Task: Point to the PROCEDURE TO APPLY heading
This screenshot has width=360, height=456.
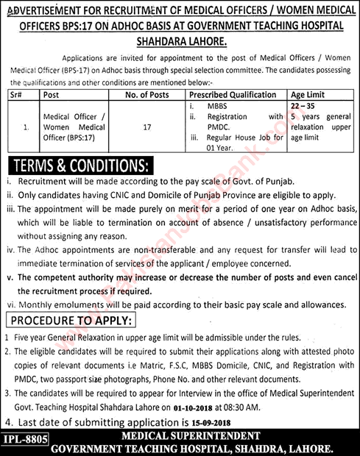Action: click(x=71, y=321)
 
